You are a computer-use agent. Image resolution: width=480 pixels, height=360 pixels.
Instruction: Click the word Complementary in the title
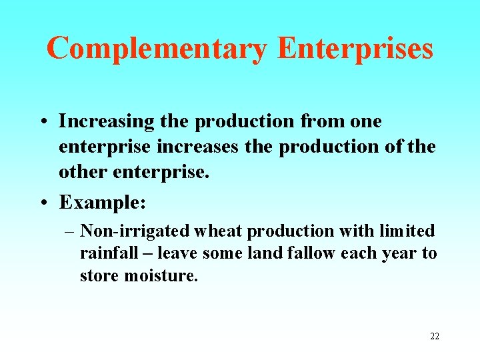click(157, 49)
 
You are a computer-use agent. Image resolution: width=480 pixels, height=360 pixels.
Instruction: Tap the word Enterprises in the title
click(355, 49)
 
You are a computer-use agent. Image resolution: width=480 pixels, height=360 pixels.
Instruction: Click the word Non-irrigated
click(135, 231)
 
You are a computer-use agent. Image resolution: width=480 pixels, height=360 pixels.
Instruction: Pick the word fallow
click(313, 254)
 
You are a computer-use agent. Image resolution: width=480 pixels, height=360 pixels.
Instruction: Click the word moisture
click(161, 275)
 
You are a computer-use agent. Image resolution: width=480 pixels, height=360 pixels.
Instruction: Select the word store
click(99, 275)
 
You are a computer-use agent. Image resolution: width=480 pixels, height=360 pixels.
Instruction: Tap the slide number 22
click(434, 337)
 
